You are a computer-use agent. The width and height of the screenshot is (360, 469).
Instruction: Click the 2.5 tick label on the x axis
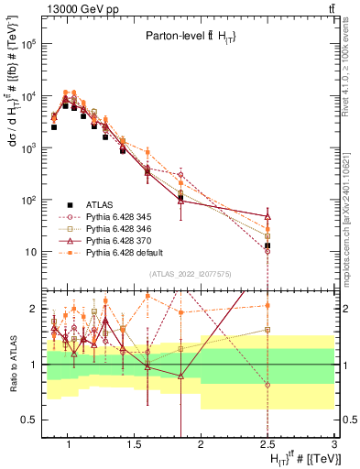pos(267,448)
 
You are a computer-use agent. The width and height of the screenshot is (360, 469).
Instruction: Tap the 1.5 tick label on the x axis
pos(131,448)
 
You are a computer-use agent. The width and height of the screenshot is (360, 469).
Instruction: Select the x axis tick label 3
pos(334,448)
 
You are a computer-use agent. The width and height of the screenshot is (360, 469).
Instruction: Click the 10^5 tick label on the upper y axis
pos(27,44)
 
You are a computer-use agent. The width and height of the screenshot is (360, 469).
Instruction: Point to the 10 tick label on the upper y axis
pos(29,252)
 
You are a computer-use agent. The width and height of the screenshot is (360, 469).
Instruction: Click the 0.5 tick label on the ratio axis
pos(27,420)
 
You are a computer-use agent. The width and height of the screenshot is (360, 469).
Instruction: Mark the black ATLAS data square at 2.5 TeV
pos(267,245)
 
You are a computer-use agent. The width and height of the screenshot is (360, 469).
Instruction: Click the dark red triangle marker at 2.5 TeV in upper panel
pos(267,216)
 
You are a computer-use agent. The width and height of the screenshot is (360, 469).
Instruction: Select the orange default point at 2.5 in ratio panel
pos(267,306)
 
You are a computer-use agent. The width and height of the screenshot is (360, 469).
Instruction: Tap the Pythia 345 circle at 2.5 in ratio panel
pos(267,385)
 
